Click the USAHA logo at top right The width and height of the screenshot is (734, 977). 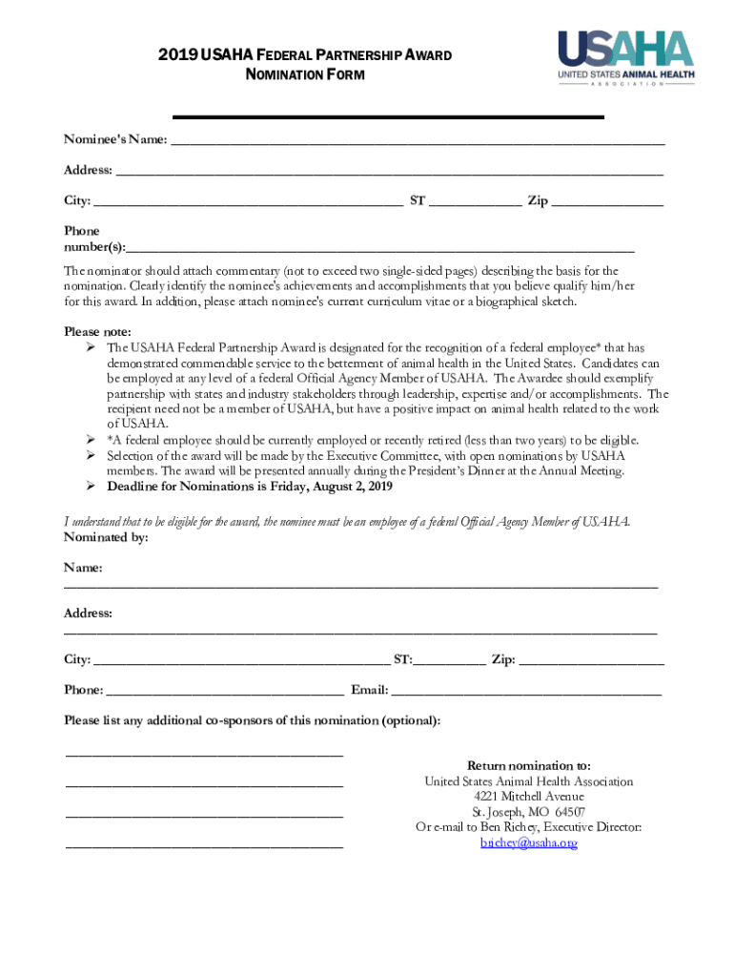(x=625, y=56)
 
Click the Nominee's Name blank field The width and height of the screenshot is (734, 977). (x=417, y=141)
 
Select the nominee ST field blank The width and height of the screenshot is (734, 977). (x=475, y=202)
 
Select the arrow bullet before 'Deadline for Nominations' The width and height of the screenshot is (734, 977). (x=88, y=487)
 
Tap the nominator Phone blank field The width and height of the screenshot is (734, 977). (x=225, y=691)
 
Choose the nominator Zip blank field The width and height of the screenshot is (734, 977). (x=592, y=660)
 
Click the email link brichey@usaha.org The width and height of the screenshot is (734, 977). (x=528, y=843)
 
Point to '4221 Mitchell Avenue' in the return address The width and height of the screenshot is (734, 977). (x=528, y=797)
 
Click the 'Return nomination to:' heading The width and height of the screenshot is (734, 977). (x=528, y=766)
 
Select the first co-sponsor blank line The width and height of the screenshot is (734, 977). (x=204, y=754)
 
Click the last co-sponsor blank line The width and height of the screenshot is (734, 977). (x=204, y=845)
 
